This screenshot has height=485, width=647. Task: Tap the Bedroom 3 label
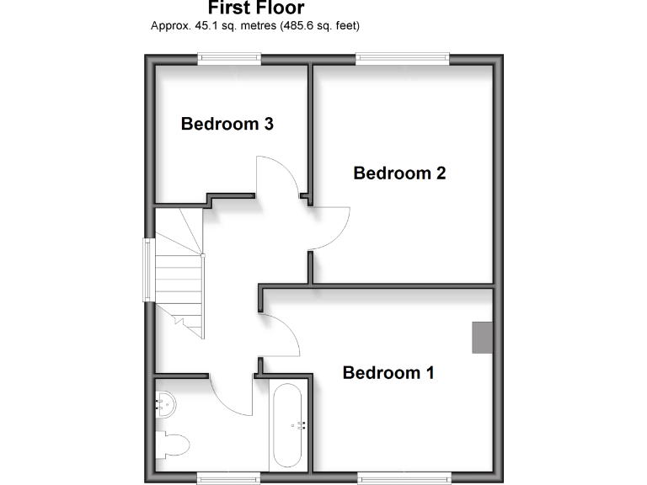227,125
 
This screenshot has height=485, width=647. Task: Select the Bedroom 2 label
399,173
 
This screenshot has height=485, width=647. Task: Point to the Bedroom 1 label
388,372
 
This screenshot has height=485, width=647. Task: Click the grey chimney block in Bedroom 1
481,337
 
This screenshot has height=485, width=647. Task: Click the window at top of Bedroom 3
229,58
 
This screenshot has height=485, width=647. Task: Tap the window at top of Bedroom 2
401,58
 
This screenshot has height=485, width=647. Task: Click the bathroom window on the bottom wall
226,477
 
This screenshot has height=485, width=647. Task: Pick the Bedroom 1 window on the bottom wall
403,477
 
